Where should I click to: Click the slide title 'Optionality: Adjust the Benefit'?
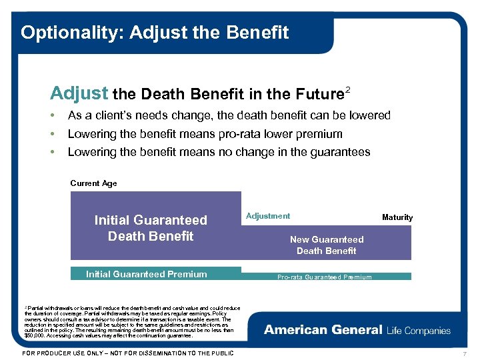click(x=155, y=32)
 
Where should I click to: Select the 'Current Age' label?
click(x=93, y=183)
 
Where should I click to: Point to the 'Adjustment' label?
click(x=268, y=216)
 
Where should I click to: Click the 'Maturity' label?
click(x=397, y=217)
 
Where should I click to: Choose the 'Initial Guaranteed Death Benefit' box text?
click(x=151, y=228)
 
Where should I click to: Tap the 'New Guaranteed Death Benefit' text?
click(x=327, y=245)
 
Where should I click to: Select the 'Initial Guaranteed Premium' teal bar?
click(x=146, y=274)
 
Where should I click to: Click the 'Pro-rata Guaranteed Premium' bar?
click(x=325, y=277)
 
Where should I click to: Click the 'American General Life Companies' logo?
click(x=357, y=330)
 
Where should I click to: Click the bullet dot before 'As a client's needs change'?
click(x=53, y=116)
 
